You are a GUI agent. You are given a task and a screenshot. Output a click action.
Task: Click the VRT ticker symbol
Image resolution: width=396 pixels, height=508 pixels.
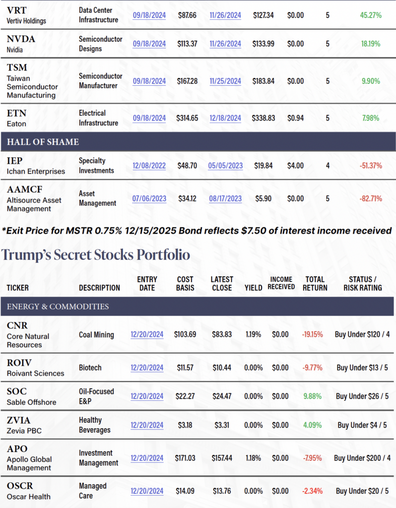(x=17, y=10)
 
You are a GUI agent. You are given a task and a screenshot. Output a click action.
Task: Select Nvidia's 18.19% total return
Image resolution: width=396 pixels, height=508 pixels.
(x=371, y=44)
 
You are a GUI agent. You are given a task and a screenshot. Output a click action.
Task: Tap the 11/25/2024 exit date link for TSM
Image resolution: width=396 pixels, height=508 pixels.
(x=225, y=81)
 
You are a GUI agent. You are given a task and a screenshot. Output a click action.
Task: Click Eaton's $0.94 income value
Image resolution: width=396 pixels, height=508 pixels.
(x=296, y=118)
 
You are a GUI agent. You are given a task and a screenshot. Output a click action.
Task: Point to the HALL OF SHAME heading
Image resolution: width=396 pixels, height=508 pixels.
(x=43, y=142)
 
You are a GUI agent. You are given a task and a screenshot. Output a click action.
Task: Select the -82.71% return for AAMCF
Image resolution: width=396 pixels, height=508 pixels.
(x=371, y=198)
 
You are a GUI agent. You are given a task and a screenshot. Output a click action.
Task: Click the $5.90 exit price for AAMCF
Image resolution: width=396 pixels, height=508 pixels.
(x=263, y=198)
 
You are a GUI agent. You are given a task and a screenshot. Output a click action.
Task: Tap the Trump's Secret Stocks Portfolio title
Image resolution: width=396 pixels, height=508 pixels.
(x=96, y=255)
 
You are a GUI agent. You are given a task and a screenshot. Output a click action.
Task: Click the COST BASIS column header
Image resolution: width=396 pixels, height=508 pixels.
(x=185, y=283)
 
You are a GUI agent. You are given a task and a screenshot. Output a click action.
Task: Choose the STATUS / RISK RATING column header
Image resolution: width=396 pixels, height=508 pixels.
(x=365, y=283)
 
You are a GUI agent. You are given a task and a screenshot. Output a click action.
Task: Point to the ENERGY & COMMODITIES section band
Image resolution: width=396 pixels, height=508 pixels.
(x=58, y=307)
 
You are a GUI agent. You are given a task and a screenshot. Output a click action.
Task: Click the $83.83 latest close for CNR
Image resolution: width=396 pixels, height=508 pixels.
(x=222, y=334)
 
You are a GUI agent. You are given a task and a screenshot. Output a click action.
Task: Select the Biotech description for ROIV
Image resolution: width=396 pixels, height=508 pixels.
(x=90, y=368)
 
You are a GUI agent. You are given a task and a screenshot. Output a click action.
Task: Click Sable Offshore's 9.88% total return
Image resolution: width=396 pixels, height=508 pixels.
(x=313, y=396)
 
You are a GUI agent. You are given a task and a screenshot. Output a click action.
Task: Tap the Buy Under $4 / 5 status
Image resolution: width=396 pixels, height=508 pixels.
(x=363, y=425)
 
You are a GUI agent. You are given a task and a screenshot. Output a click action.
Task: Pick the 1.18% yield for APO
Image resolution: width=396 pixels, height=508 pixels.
(x=253, y=458)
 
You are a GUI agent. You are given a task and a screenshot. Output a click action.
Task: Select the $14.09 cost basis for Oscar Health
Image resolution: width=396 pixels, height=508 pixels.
(x=185, y=491)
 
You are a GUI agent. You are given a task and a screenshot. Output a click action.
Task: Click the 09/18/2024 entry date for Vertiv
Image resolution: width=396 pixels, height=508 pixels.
(x=149, y=15)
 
